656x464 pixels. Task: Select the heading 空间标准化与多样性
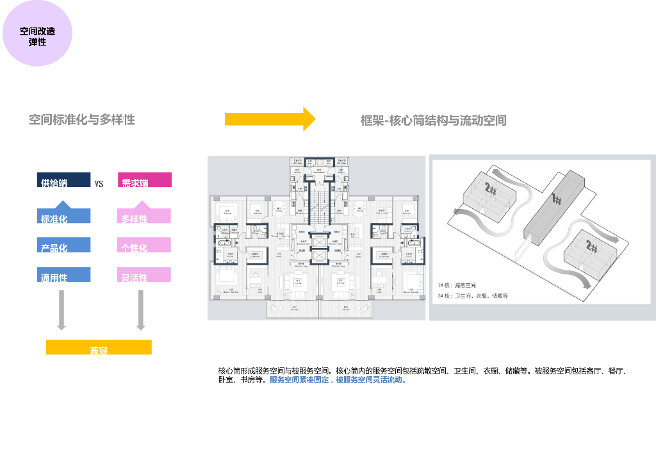tap(82, 120)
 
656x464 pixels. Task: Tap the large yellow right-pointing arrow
tap(270, 119)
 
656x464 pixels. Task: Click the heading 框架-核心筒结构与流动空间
tap(433, 120)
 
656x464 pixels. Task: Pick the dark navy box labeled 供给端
tap(63, 180)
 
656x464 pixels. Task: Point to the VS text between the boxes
tap(99, 184)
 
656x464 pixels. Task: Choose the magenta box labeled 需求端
tap(144, 180)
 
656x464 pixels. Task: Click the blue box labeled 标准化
tap(63, 215)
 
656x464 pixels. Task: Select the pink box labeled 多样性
tap(144, 215)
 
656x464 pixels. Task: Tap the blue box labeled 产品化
tap(63, 245)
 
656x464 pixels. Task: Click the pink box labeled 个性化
tap(144, 245)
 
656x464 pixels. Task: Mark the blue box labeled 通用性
tap(63, 274)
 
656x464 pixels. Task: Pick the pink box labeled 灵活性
tap(144, 274)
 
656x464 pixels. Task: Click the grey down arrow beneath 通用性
tap(61, 310)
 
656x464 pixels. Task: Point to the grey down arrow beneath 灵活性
tap(142, 310)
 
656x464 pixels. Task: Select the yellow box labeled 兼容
tap(99, 347)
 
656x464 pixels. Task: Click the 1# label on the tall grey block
tap(556, 201)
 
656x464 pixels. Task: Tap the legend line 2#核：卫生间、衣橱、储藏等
tap(472, 296)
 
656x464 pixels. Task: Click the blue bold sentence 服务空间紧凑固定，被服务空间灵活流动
tap(338, 380)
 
